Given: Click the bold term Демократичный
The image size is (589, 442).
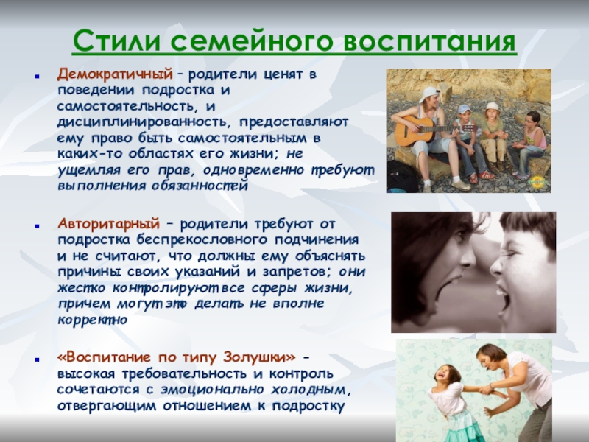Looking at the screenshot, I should [x=116, y=75].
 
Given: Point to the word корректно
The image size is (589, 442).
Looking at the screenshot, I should [x=92, y=320].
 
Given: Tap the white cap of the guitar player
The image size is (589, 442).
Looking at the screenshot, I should [x=429, y=94].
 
